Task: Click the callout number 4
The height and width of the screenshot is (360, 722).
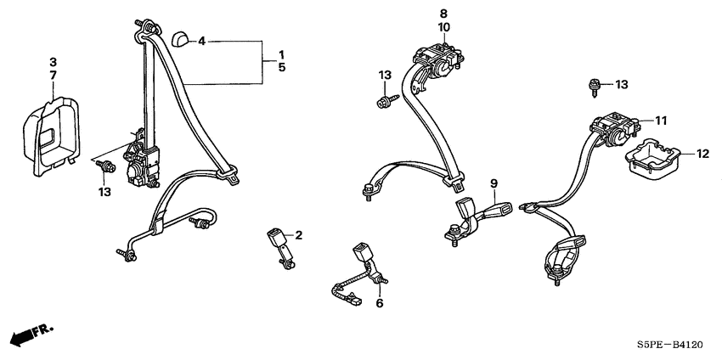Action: tap(201, 42)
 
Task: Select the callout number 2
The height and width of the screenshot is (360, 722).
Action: tap(298, 236)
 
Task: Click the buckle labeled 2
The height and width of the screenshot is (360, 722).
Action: tap(279, 246)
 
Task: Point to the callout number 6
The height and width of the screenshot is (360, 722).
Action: tap(380, 303)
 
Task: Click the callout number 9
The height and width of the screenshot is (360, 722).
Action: tap(494, 183)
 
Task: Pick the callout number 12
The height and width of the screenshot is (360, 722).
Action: tap(702, 155)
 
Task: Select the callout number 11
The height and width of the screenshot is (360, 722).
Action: tap(661, 121)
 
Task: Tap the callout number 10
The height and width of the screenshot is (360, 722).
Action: tap(443, 28)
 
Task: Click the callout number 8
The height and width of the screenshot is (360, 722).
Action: tap(443, 14)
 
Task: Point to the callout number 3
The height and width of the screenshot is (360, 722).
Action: tap(53, 61)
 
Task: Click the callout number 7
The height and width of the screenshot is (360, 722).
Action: tap(53, 74)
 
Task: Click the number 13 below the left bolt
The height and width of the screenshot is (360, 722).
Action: tap(104, 192)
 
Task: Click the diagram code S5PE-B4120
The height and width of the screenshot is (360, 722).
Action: tap(670, 344)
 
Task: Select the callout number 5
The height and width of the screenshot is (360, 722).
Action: tap(281, 68)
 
